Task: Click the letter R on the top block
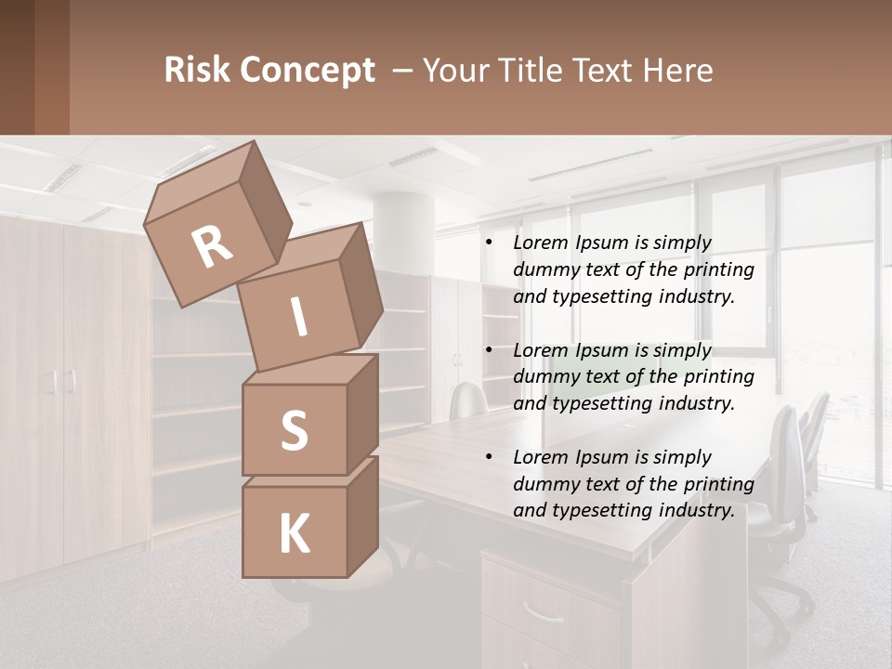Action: click(x=212, y=247)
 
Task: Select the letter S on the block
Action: click(x=294, y=430)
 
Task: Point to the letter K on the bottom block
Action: click(x=294, y=534)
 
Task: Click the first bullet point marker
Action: click(x=489, y=243)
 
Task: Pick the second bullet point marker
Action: click(x=489, y=351)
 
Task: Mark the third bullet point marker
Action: click(x=489, y=458)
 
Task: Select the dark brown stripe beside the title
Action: click(x=51, y=67)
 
